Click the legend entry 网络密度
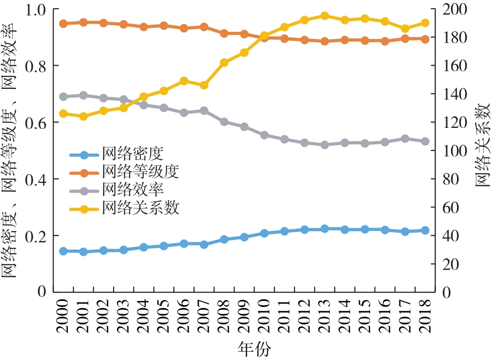click(133, 153)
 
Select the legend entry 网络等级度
click(140, 172)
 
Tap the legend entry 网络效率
click(133, 190)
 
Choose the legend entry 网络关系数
click(140, 209)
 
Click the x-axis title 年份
click(254, 349)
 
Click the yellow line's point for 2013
click(325, 16)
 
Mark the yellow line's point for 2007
click(204, 85)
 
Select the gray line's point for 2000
click(63, 97)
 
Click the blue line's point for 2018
click(425, 230)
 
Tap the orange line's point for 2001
click(83, 22)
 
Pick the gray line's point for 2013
click(325, 145)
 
